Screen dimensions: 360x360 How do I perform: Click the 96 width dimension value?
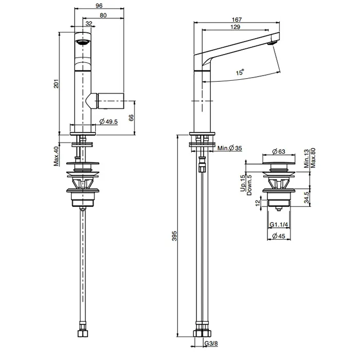99,5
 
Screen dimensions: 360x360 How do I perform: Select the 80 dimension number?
103,15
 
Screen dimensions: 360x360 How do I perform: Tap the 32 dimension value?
89,24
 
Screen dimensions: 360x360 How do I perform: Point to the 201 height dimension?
56,83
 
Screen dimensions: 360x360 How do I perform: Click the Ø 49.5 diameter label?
109,121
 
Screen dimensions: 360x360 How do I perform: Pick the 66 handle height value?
131,118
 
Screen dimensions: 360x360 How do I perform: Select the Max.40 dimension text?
56,156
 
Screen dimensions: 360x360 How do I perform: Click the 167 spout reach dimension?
237,20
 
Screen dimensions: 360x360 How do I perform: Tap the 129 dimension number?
236,27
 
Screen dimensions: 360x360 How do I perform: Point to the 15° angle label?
240,72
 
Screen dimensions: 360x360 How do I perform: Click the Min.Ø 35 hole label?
229,148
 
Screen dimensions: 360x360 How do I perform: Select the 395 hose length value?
174,236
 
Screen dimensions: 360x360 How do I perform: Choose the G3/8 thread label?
211,344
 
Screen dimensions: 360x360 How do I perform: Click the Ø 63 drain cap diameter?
279,151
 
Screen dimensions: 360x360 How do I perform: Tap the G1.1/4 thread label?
279,224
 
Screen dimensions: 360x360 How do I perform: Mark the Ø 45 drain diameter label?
279,236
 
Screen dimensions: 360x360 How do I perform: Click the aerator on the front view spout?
82,43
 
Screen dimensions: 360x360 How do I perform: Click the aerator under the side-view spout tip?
273,43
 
